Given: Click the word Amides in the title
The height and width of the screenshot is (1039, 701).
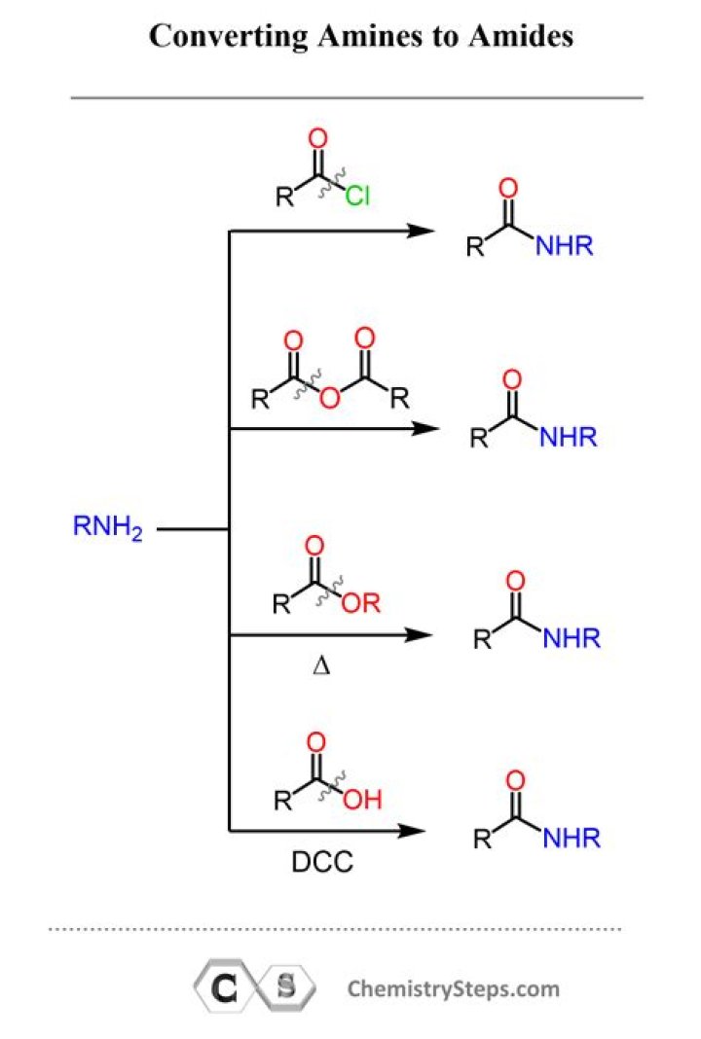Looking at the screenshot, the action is (521, 36).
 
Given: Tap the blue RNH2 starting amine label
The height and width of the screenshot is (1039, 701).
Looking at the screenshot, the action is (107, 527).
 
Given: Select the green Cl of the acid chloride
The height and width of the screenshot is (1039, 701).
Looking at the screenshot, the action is (357, 196).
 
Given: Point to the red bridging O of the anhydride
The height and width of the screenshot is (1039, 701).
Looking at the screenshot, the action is (330, 398).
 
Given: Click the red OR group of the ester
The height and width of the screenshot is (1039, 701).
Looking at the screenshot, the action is (361, 602).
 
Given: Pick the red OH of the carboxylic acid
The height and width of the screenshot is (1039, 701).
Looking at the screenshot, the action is (363, 799).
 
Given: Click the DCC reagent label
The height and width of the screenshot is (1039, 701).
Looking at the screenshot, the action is (322, 861).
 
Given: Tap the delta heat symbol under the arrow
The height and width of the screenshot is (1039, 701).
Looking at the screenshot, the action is (321, 664).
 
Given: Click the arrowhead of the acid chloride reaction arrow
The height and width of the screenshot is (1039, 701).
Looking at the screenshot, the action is (422, 231).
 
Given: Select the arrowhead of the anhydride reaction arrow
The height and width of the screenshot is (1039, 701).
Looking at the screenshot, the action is (425, 429).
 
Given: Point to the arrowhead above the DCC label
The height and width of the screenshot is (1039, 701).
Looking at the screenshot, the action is (411, 830).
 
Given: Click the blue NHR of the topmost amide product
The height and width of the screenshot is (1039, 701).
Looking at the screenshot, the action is (565, 246).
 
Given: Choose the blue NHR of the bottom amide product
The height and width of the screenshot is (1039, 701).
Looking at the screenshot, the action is (572, 839).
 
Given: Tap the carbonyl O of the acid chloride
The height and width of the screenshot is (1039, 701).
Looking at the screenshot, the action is (318, 138).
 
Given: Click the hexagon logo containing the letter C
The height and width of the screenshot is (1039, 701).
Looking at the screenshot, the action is (224, 988).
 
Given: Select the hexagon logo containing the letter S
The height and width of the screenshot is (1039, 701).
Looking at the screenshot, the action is (287, 987).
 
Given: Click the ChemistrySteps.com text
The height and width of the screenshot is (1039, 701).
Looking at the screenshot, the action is (454, 988).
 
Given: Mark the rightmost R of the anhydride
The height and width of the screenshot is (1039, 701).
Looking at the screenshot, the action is (400, 399).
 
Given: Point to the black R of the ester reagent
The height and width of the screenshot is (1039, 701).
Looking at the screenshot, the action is (281, 604).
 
